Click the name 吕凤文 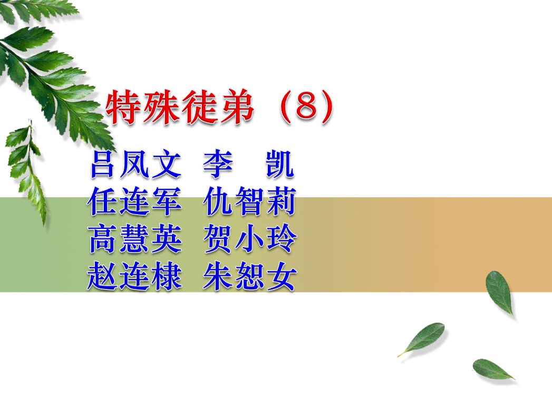click(x=135, y=164)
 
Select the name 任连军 click(x=135, y=201)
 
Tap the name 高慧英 click(x=135, y=239)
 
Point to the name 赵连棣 click(x=135, y=276)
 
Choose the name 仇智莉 click(x=249, y=201)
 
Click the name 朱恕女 click(x=250, y=276)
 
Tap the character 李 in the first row click(x=218, y=164)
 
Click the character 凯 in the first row click(x=280, y=164)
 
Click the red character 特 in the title click(x=124, y=106)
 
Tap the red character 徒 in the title click(x=198, y=106)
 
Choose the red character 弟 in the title click(x=235, y=106)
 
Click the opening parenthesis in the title click(x=286, y=106)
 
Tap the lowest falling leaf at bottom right click(x=492, y=369)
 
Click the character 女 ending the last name click(x=282, y=276)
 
